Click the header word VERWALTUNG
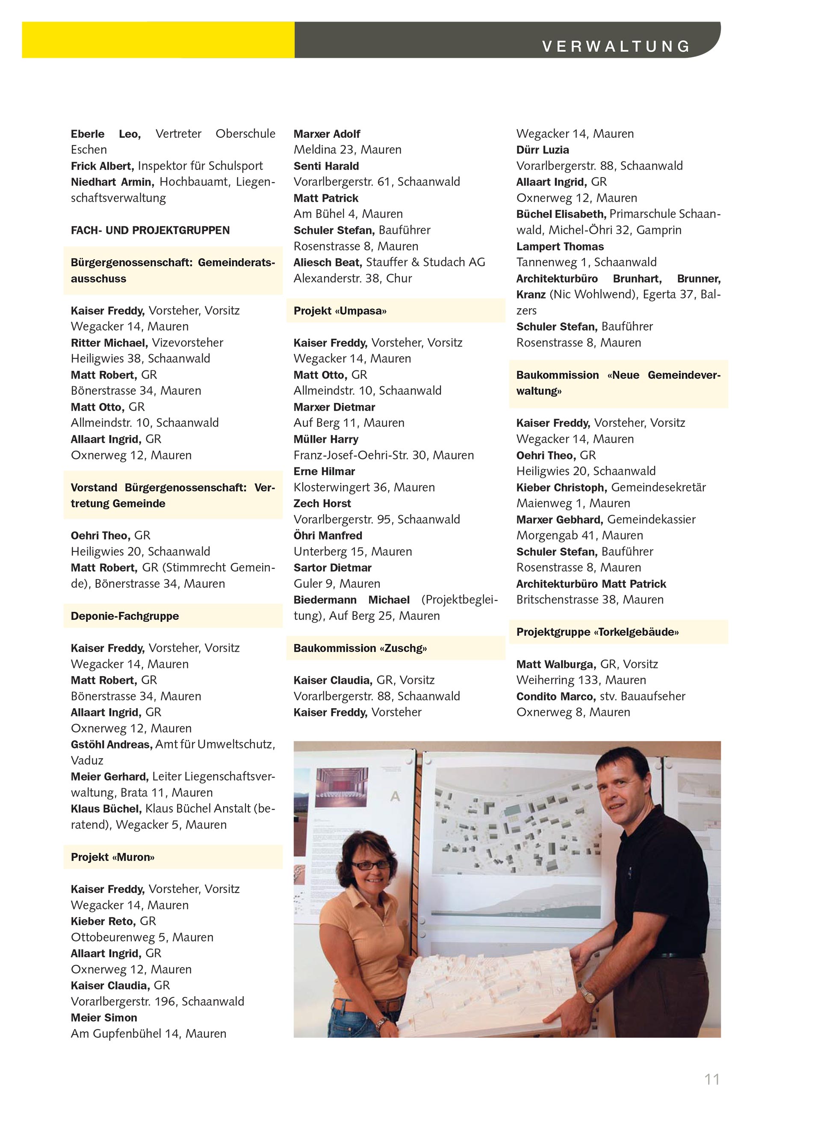616,47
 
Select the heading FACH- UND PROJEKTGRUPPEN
150,231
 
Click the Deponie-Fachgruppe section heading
124,616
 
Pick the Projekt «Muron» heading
112,857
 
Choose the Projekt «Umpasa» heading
340,311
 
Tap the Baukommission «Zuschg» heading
360,648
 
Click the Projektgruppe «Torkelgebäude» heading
597,632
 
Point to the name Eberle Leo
106,134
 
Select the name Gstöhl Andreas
112,744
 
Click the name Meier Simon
104,1018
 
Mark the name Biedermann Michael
351,600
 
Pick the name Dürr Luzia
542,150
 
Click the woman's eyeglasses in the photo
371,865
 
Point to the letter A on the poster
395,796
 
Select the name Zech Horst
322,503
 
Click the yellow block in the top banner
158,40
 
